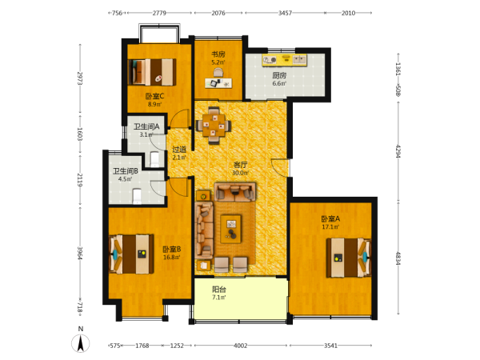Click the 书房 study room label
(218, 54)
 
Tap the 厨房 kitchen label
(279, 75)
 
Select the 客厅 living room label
(240, 165)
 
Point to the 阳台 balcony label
(219, 290)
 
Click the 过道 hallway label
(179, 150)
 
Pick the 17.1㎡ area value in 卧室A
(330, 227)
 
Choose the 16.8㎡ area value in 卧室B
(171, 257)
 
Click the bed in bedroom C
(152, 72)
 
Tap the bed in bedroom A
(349, 258)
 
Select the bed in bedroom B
(132, 254)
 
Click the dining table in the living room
(214, 126)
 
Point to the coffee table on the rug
(231, 229)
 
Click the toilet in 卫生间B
(137, 196)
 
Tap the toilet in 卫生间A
(154, 159)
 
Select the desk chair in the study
(218, 72)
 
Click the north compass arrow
(81, 343)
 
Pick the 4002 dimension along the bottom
(240, 346)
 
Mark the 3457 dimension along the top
(285, 13)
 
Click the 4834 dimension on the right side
(398, 258)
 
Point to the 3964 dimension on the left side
(80, 254)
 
